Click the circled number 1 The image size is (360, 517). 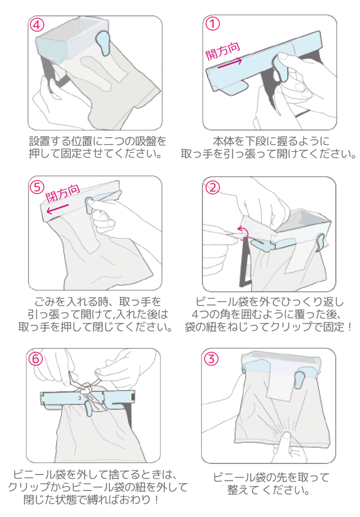(213, 24)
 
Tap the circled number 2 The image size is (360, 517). (212, 187)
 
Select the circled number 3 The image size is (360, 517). (211, 359)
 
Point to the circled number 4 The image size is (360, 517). (37, 25)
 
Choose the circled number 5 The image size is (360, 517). (37, 187)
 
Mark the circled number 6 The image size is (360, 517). (36, 358)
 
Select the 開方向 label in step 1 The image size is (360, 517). (223, 51)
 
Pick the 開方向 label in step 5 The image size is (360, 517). (62, 193)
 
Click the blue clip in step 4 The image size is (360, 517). (103, 42)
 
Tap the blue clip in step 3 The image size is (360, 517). (299, 380)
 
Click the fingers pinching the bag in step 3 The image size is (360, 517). (287, 443)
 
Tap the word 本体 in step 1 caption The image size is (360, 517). (223, 141)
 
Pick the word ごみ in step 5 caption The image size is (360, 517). (44, 302)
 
